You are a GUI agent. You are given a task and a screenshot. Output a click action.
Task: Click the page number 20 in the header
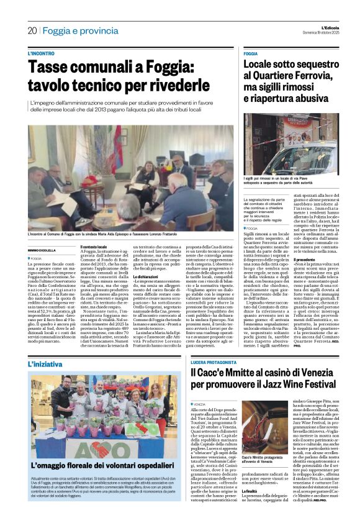tap(32, 30)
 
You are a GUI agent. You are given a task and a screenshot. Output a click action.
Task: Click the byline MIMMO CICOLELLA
tap(42, 250)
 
